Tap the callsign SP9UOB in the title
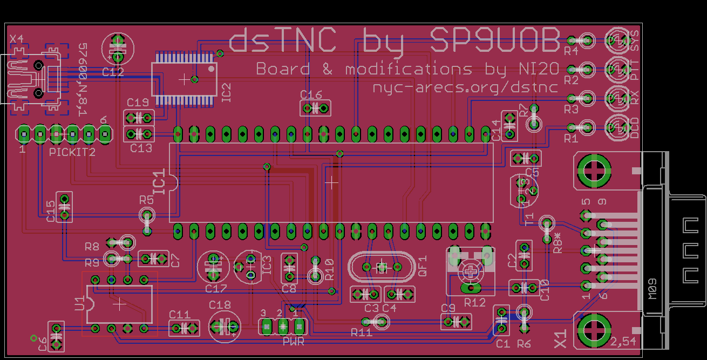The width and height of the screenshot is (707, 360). point(494,41)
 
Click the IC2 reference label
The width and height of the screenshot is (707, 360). point(226,93)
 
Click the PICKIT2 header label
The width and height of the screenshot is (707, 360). point(72,152)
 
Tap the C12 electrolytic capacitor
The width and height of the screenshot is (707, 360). point(118,47)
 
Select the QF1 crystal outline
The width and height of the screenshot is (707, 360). point(382,267)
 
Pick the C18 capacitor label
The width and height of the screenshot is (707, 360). point(220,305)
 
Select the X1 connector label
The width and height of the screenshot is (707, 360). point(561,339)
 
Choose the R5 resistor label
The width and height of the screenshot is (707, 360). point(146,200)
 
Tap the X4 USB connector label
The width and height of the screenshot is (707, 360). point(17,39)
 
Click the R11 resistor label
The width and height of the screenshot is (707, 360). point(361,332)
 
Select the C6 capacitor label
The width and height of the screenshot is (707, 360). point(43,344)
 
